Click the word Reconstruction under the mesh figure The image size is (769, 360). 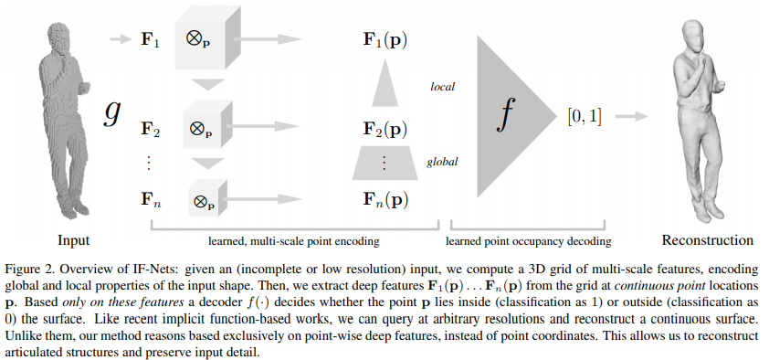pos(708,240)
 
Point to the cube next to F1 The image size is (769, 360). pos(200,43)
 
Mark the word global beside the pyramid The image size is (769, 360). pos(442,163)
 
